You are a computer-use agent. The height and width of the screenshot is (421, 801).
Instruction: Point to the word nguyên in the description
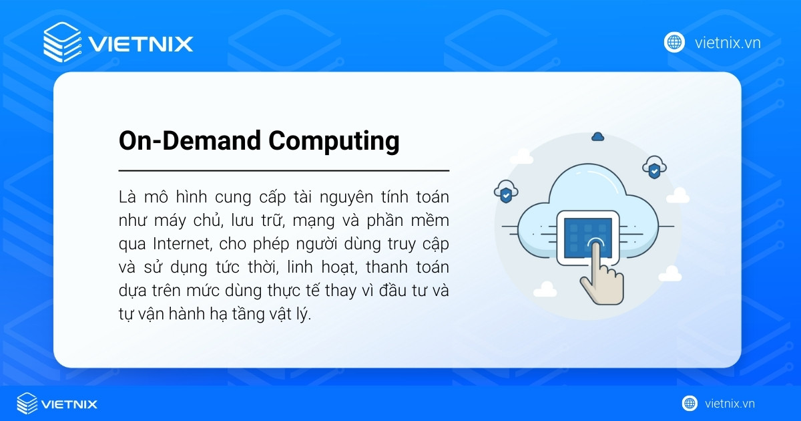[344, 198]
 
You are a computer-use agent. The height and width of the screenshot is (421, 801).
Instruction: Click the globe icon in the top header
[674, 42]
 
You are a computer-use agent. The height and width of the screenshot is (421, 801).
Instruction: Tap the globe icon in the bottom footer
[690, 404]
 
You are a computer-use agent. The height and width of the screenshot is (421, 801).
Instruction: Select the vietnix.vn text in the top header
[728, 43]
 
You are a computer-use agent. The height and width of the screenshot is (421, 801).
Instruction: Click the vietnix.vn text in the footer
[730, 404]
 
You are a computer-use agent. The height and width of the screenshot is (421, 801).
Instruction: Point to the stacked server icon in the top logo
[61, 42]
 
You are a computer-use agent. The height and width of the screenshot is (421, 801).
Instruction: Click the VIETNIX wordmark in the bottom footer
[69, 404]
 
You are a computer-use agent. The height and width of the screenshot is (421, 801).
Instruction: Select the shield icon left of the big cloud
[506, 194]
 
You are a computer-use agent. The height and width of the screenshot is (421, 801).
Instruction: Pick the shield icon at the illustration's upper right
[654, 169]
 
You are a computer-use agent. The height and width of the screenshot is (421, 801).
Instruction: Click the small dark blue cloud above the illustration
[597, 136]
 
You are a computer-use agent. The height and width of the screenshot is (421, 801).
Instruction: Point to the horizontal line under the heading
[284, 171]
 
